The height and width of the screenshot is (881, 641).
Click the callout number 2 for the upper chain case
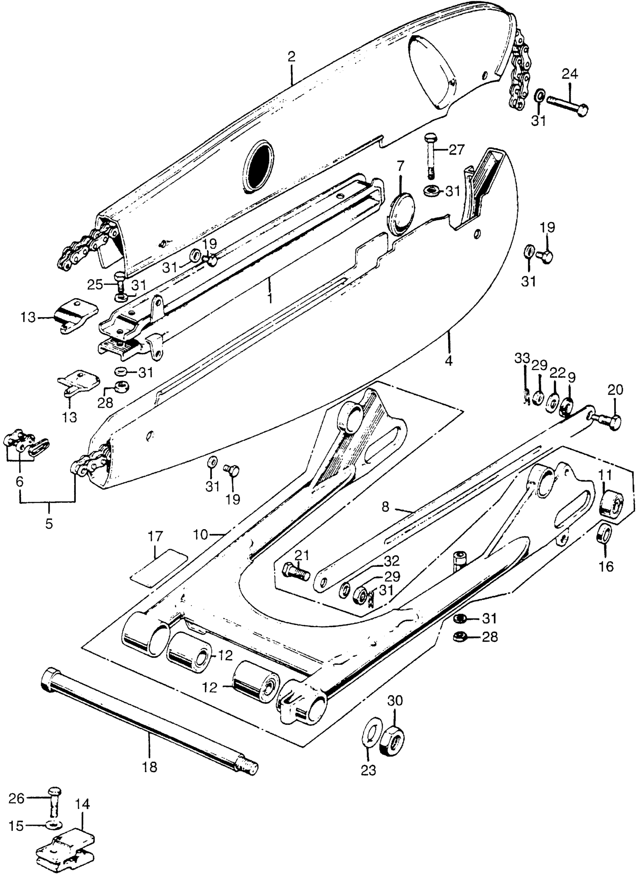click(x=291, y=57)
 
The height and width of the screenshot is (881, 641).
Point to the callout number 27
click(x=456, y=150)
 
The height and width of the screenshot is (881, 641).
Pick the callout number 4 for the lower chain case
click(x=448, y=361)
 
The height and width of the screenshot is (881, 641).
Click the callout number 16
click(x=606, y=567)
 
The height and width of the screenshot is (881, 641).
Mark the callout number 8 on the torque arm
click(x=385, y=507)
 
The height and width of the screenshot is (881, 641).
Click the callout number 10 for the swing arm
click(x=201, y=535)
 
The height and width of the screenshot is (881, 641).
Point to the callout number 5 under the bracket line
click(x=49, y=523)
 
